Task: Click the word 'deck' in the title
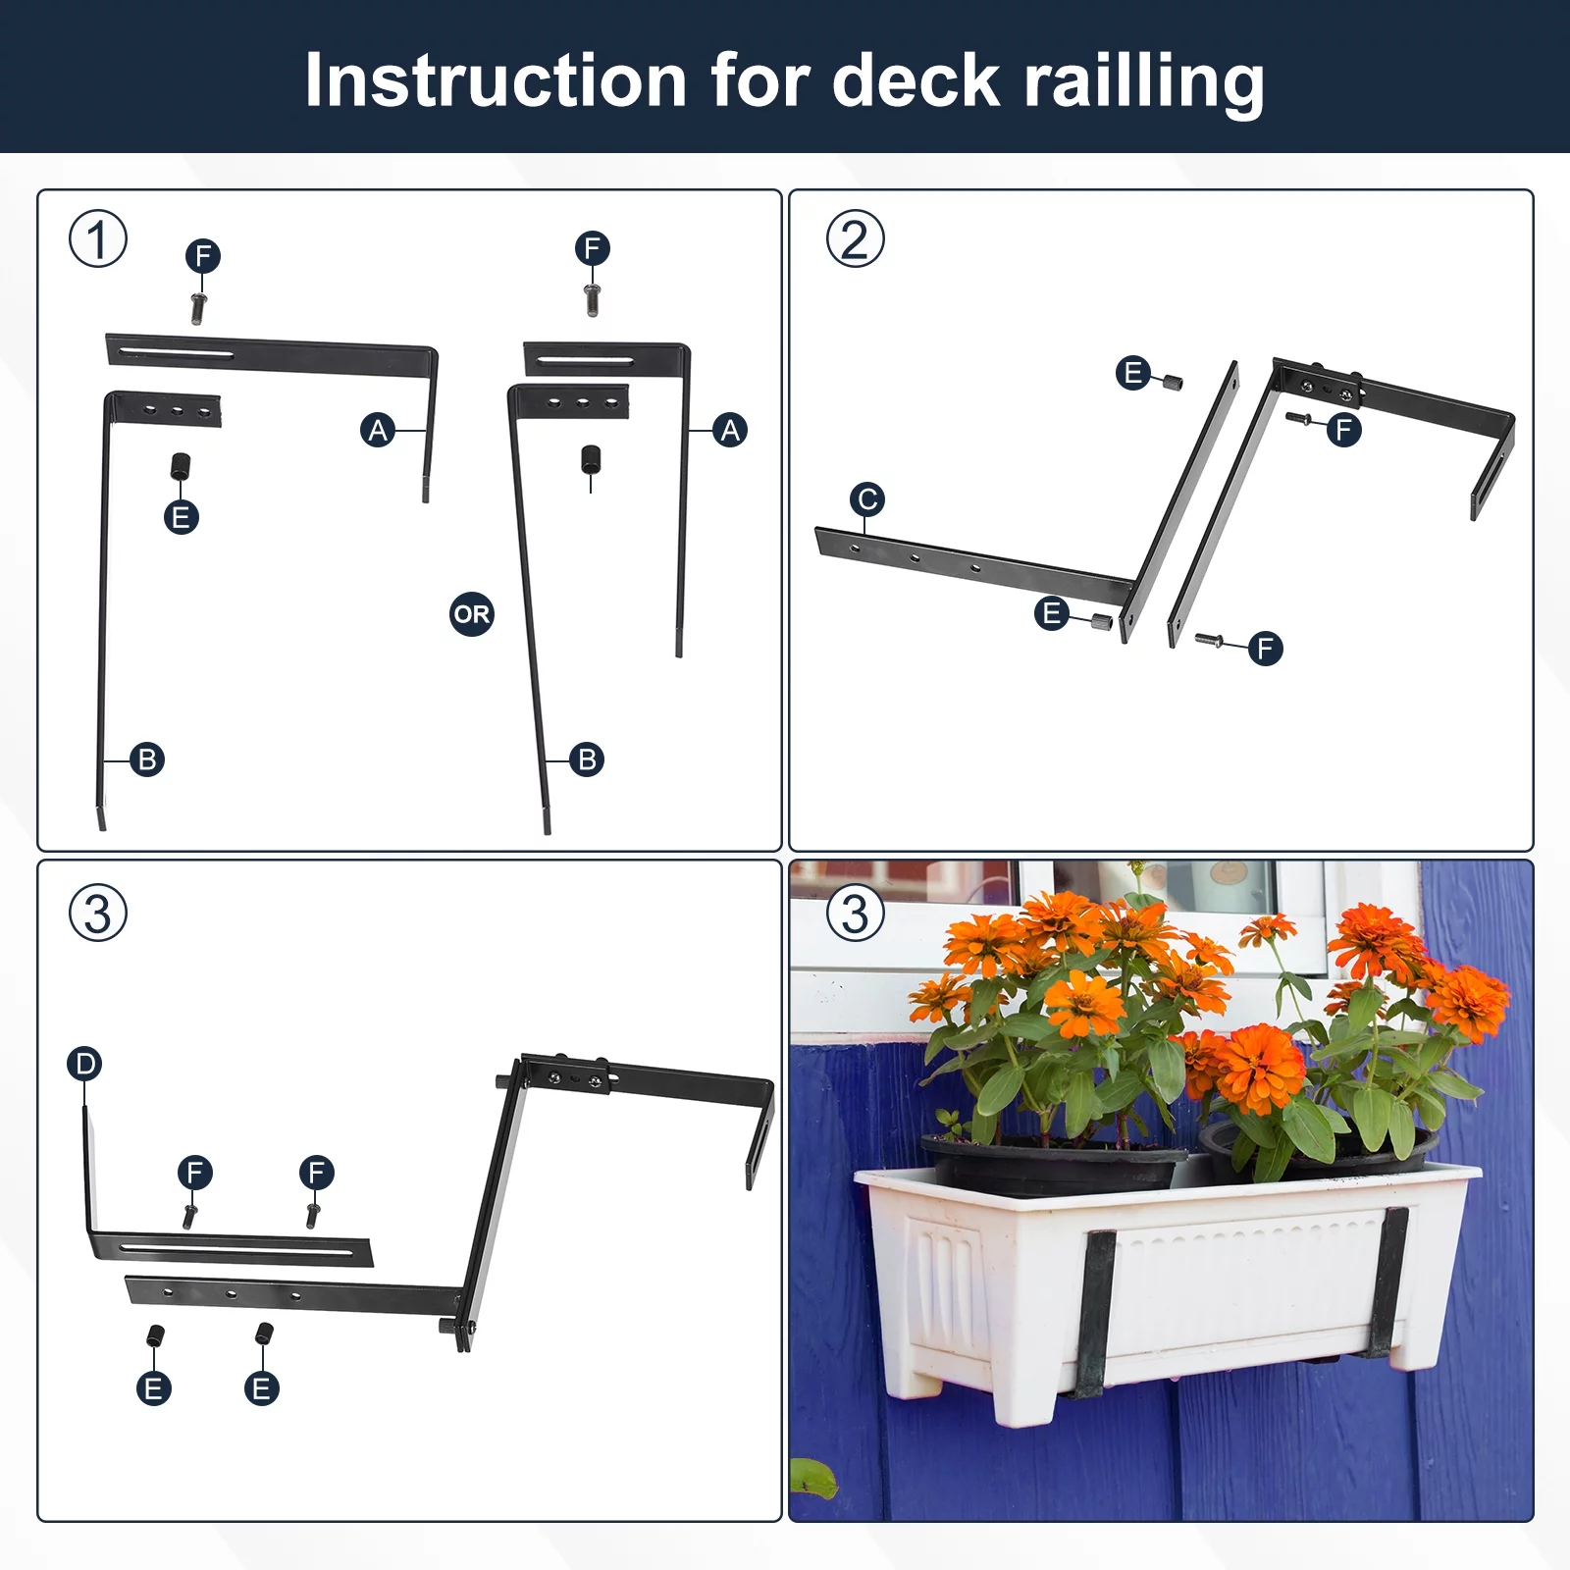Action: pyautogui.click(x=915, y=80)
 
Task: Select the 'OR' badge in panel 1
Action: pyautogui.click(x=471, y=614)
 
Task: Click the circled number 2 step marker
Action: pyautogui.click(x=855, y=238)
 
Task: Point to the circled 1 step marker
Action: pyautogui.click(x=97, y=238)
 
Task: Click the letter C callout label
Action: pyautogui.click(x=867, y=499)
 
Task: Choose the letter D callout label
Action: pyautogui.click(x=85, y=1064)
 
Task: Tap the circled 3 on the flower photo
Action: pyautogui.click(x=855, y=913)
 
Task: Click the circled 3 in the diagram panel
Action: pyautogui.click(x=97, y=913)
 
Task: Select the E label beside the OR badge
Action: pyautogui.click(x=181, y=517)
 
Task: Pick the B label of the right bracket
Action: pyautogui.click(x=587, y=759)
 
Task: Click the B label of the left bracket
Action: pyautogui.click(x=147, y=759)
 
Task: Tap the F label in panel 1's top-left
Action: pyautogui.click(x=203, y=256)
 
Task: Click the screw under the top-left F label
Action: pyautogui.click(x=198, y=307)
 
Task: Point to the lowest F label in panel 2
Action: pyautogui.click(x=1265, y=648)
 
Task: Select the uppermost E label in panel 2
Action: pyautogui.click(x=1133, y=373)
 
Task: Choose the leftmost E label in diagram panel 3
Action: pyautogui.click(x=154, y=1388)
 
